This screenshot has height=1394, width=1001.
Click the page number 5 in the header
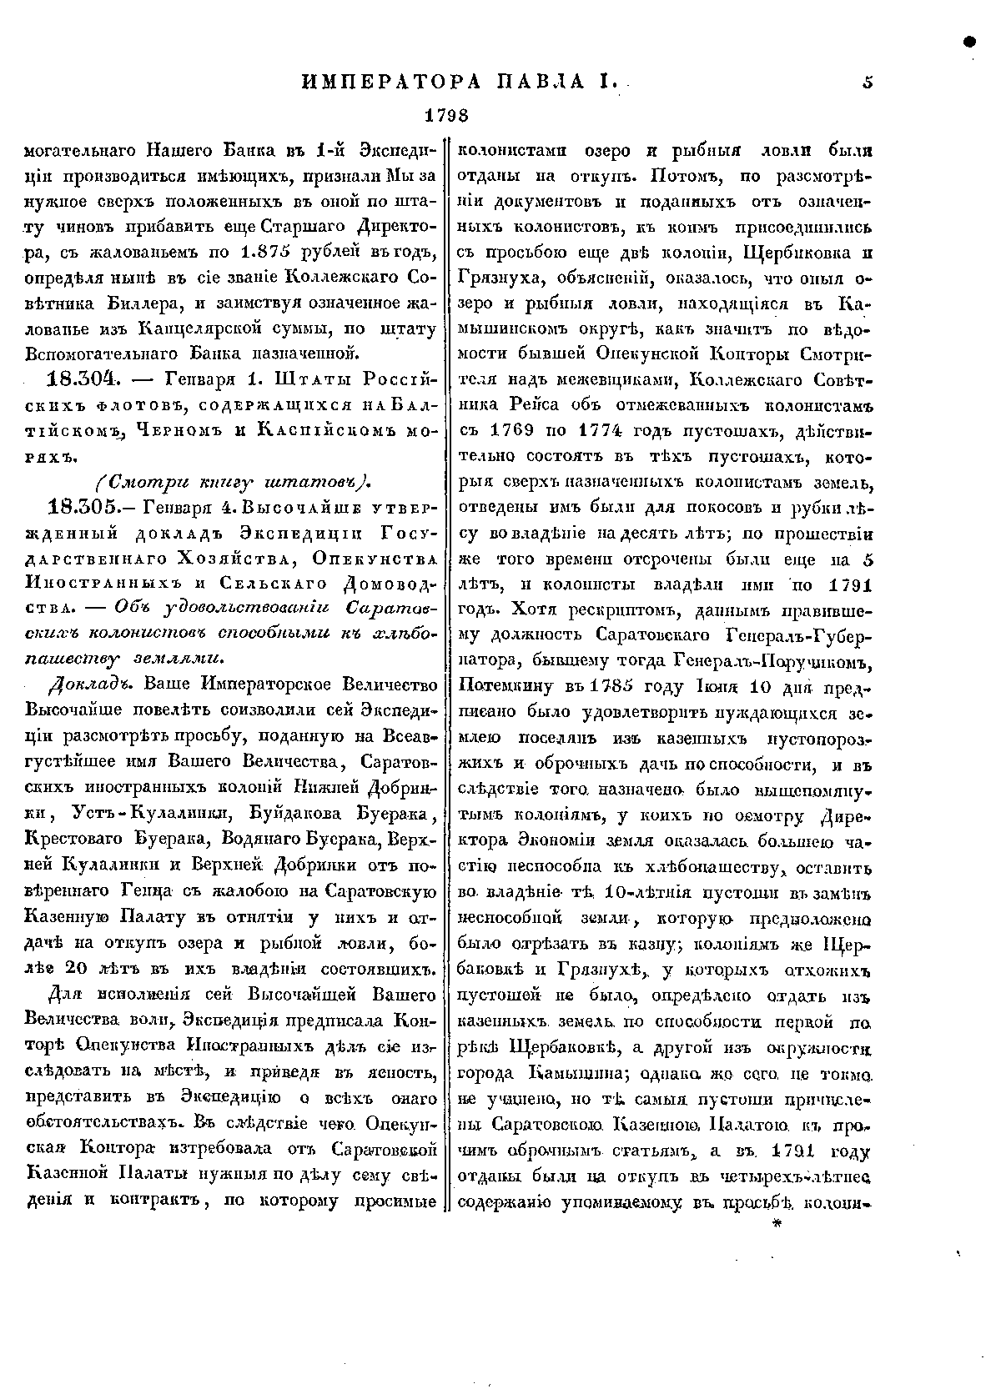(x=868, y=82)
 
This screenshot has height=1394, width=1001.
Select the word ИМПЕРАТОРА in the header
(x=391, y=82)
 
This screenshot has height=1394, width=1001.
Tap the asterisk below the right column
(x=778, y=1225)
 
